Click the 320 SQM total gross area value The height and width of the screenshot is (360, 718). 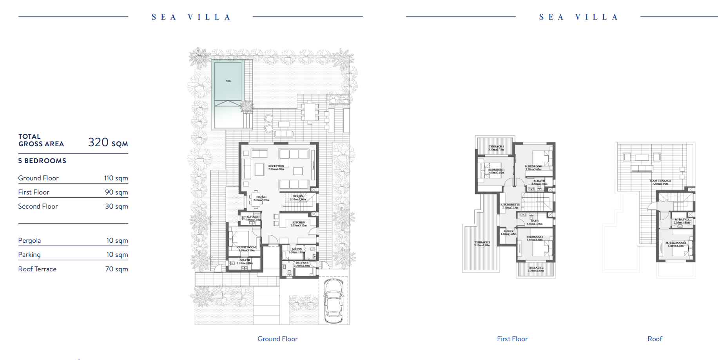click(108, 142)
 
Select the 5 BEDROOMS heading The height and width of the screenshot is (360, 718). click(42, 161)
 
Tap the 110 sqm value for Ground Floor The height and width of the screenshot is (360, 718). click(116, 178)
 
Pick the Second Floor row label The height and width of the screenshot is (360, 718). click(38, 206)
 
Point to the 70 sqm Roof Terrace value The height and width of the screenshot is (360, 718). click(116, 269)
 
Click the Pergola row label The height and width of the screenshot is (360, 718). click(29, 240)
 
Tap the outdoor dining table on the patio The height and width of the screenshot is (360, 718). click(310, 112)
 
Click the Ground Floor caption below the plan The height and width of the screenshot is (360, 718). click(277, 339)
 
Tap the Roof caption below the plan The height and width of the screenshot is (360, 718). click(655, 339)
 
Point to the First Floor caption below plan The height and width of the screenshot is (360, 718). click(512, 339)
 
